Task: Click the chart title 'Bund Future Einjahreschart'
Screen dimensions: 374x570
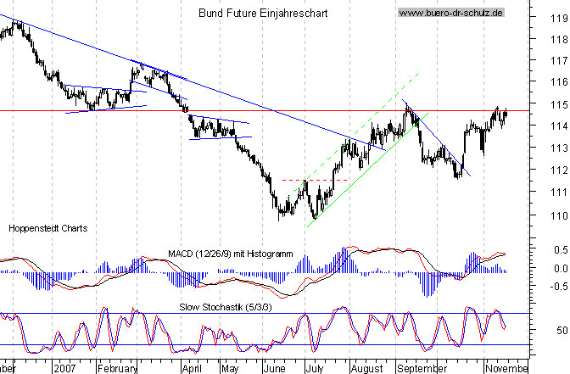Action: tap(263, 14)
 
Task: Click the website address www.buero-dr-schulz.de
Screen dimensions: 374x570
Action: tap(450, 14)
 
